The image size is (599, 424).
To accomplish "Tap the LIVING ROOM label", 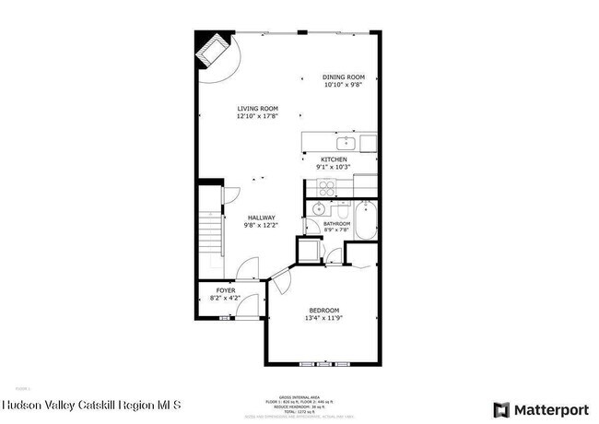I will [x=257, y=109].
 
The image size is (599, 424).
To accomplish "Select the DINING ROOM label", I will [x=344, y=77].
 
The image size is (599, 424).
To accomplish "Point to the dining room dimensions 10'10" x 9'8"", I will [x=344, y=85].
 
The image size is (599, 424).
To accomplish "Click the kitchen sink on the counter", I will [x=347, y=143].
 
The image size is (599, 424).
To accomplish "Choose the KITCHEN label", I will [x=333, y=159].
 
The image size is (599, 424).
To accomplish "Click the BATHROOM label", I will [x=337, y=223].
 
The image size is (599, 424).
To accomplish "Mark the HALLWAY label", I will [x=261, y=218].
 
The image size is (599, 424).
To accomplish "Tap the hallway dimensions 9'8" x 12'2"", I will [x=261, y=226].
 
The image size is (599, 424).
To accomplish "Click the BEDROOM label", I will [x=323, y=310].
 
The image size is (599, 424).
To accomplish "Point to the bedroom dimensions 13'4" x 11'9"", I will [x=323, y=318].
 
